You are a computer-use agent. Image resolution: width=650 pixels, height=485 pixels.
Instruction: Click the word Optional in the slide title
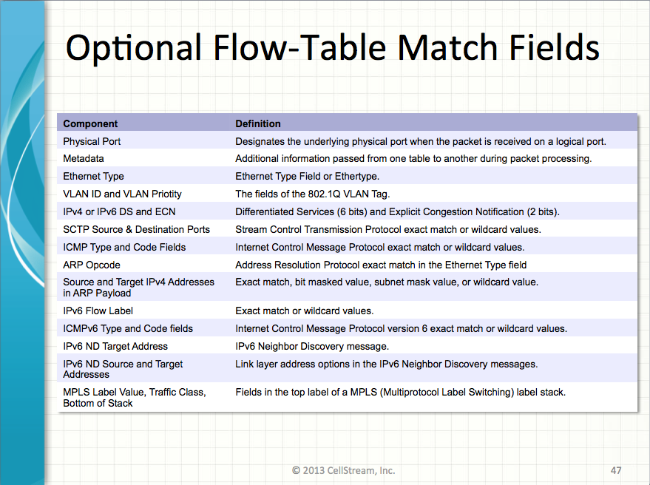click(134, 48)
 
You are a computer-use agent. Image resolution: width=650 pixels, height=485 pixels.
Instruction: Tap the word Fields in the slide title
click(555, 47)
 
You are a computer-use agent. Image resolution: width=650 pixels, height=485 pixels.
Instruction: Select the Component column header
click(90, 123)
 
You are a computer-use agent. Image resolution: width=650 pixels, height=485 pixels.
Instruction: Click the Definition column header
click(258, 123)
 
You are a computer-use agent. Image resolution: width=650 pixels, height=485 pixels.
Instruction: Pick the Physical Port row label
click(92, 141)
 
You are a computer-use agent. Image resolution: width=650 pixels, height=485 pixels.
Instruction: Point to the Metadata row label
click(84, 159)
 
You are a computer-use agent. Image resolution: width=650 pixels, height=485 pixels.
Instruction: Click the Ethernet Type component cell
click(93, 176)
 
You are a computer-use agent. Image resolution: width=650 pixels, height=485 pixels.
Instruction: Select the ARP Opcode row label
click(92, 265)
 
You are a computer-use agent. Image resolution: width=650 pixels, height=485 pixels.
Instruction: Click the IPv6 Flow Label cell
click(98, 311)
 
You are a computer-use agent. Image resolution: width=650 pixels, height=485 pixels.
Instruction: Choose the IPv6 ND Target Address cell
click(115, 346)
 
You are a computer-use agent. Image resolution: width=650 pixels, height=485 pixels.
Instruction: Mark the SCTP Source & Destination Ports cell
click(136, 230)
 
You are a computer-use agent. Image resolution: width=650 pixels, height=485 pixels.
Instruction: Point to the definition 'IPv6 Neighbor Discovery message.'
click(312, 346)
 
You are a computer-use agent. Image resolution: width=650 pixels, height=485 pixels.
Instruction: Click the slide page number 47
click(615, 470)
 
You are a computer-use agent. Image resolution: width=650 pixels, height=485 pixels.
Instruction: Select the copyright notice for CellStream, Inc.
click(344, 470)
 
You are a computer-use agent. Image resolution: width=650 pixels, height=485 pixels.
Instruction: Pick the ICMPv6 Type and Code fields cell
click(128, 329)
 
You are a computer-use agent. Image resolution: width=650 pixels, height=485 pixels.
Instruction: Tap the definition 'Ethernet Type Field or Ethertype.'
click(307, 176)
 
